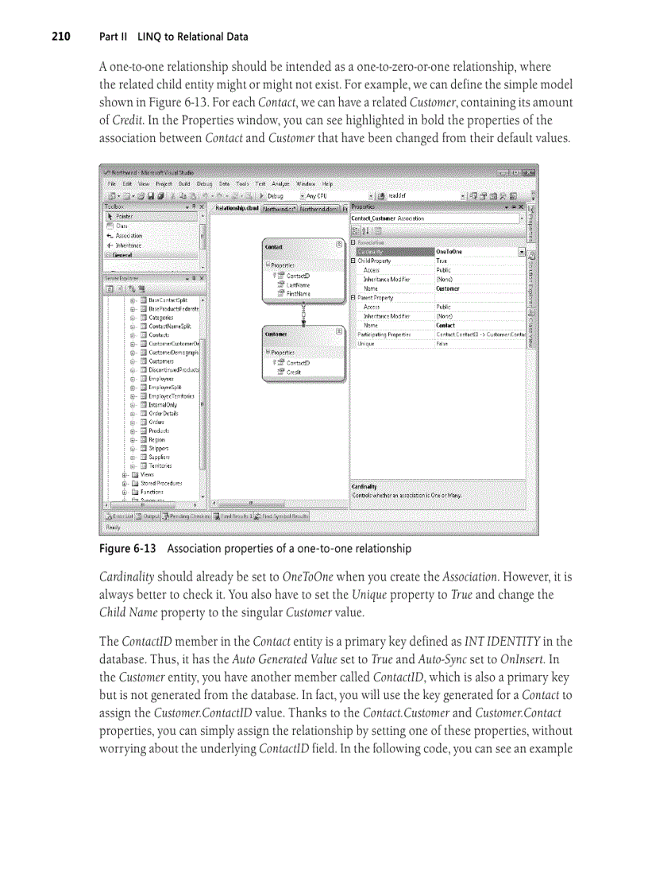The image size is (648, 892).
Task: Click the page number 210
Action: (61, 37)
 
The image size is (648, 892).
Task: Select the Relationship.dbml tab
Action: (237, 208)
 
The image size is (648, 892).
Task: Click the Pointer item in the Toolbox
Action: (124, 216)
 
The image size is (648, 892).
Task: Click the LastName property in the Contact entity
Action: (298, 284)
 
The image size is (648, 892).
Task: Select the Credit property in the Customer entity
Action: (294, 372)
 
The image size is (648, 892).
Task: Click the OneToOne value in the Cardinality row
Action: (450, 252)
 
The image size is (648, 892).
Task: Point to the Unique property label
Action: (366, 344)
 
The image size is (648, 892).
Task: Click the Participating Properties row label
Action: (384, 335)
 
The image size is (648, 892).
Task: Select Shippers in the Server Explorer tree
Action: (158, 448)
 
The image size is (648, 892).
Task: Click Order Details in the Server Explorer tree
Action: (163, 413)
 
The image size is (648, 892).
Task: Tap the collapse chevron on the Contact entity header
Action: (339, 245)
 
